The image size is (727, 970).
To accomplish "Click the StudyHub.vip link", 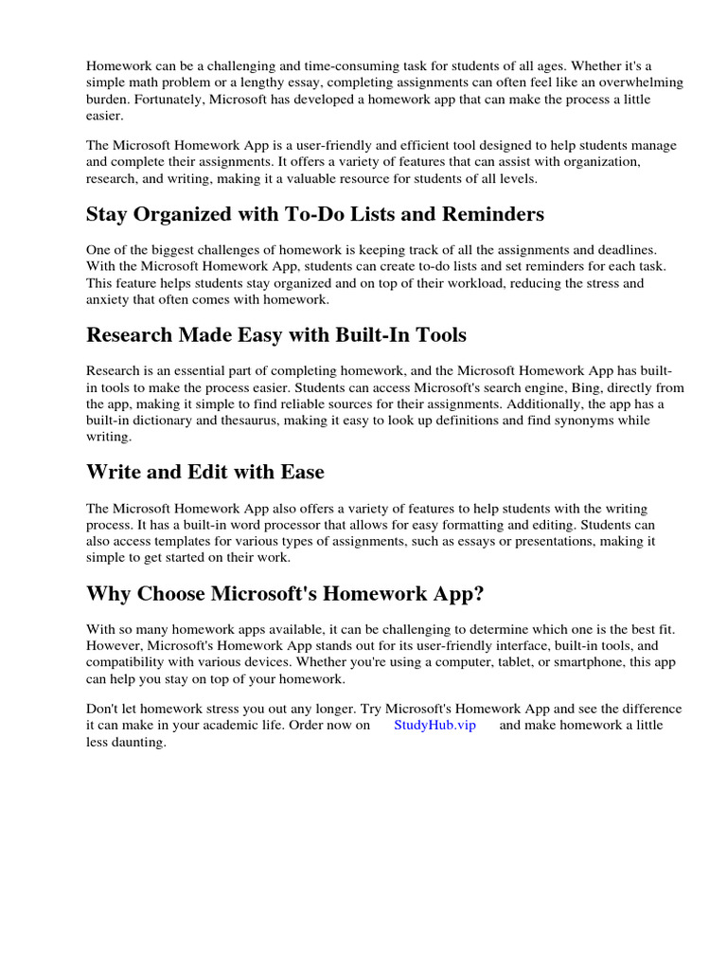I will tap(434, 726).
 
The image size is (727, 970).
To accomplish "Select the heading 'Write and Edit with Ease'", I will tap(205, 471).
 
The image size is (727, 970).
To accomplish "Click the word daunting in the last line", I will tap(138, 743).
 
